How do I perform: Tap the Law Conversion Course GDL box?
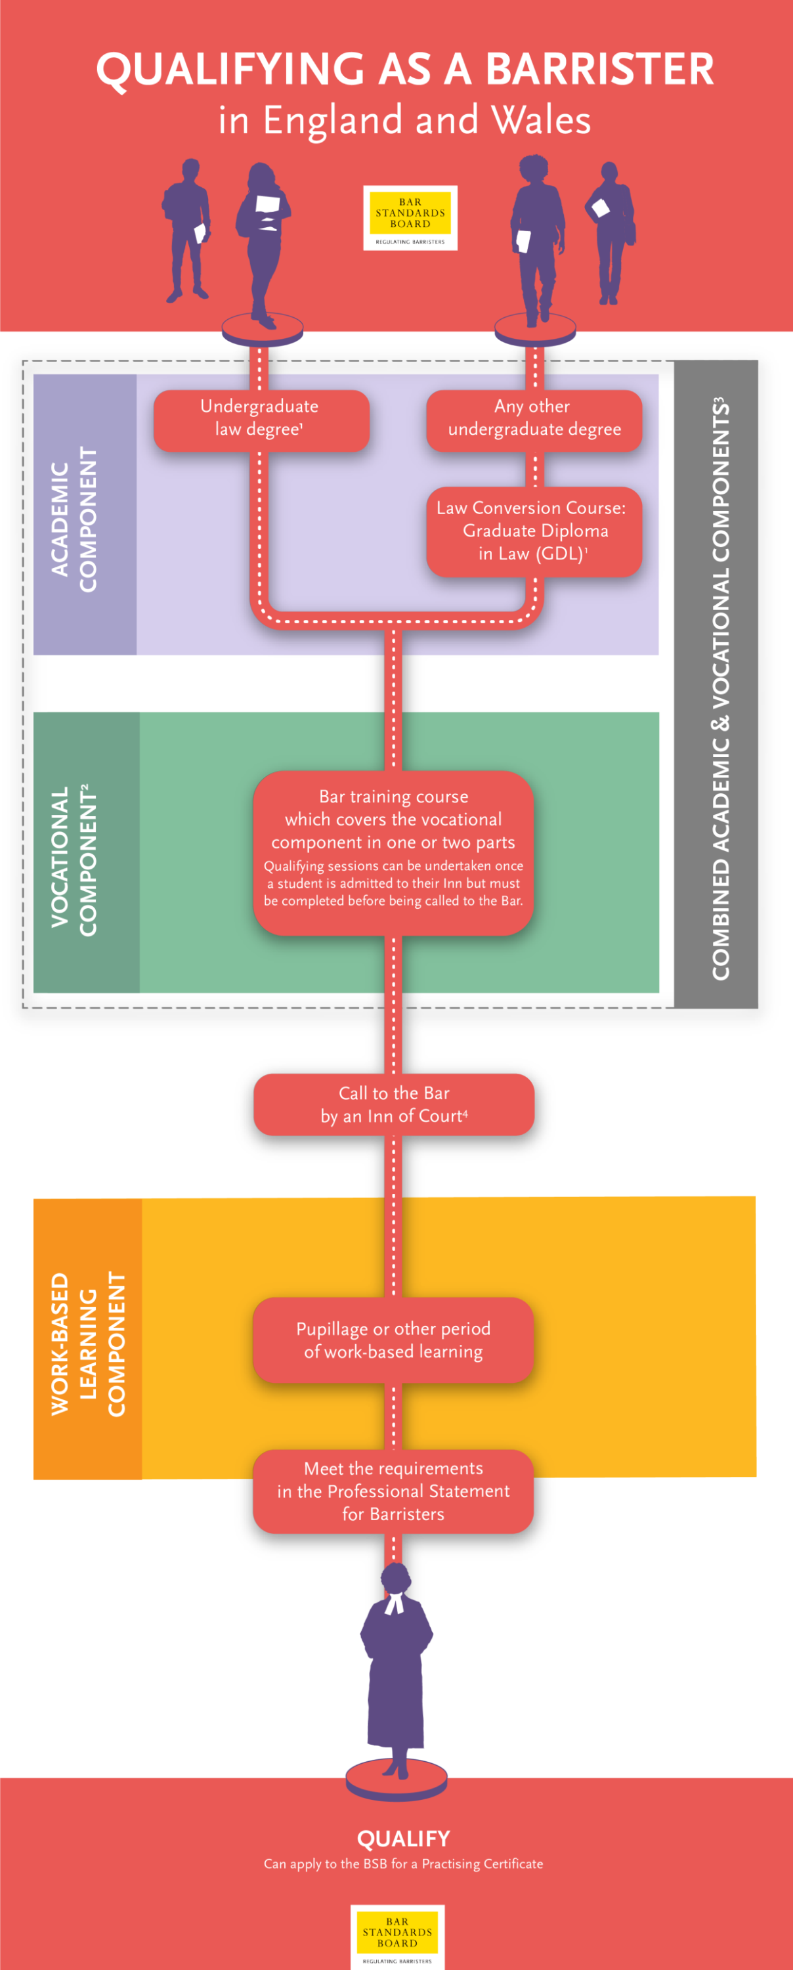(x=534, y=531)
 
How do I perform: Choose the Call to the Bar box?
(x=393, y=1105)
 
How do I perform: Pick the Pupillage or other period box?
(x=393, y=1340)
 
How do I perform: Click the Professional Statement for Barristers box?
(x=393, y=1491)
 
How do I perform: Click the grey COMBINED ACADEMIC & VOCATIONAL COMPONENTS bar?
(x=717, y=684)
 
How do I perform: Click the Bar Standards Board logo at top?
(x=410, y=218)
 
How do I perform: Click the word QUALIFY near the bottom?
(x=403, y=1839)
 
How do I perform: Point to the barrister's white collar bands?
(x=394, y=1603)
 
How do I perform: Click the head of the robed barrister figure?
(x=396, y=1577)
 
